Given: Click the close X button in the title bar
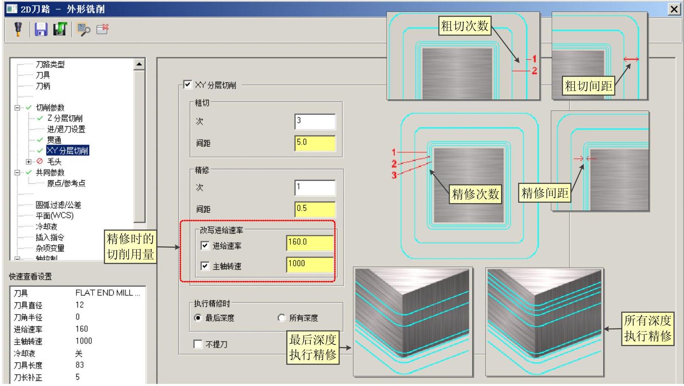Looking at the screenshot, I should point(673,9).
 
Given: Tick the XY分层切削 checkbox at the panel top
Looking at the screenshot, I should point(188,85).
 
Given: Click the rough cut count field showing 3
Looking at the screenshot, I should point(315,121).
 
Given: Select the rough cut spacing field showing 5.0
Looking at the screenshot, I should point(315,143).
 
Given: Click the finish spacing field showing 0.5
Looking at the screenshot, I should point(315,209).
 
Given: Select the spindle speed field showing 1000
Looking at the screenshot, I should point(310,265).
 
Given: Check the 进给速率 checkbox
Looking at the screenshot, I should point(205,245).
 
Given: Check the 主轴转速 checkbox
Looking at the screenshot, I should point(205,266).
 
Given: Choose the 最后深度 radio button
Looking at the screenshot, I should point(198,317).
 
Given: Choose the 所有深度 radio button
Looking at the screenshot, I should point(282,317).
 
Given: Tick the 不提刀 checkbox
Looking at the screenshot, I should point(198,344).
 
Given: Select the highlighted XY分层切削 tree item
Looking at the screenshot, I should point(68,151).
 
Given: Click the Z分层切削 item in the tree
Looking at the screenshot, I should point(65,119).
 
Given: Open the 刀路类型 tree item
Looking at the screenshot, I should point(50,64).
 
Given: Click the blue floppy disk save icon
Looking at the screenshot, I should point(41,29).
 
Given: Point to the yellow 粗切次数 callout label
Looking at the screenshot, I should point(465,26).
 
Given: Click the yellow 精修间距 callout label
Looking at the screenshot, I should point(544,193).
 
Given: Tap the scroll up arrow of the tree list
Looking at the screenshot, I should point(139,64).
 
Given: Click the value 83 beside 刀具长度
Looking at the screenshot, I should point(79,365).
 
